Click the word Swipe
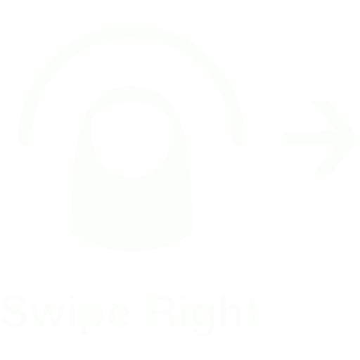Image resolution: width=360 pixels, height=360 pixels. [x=66, y=314]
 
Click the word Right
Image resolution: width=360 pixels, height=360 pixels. [x=204, y=315]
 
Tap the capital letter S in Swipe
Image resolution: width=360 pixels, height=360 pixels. [x=15, y=311]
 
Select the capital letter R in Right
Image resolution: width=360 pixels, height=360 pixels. [x=162, y=311]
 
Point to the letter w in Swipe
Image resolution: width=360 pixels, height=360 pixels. [x=48, y=315]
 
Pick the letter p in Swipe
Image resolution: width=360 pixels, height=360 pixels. [x=93, y=319]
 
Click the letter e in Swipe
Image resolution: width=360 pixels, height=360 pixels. [x=120, y=316]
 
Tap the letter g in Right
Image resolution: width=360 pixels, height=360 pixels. [x=203, y=320]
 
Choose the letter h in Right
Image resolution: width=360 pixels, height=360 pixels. [x=231, y=311]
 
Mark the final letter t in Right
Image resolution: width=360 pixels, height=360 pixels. [x=252, y=312]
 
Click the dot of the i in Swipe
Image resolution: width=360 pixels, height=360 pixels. [x=72, y=297]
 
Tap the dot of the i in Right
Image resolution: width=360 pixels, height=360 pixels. [x=184, y=297]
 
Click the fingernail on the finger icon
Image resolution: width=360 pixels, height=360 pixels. [x=131, y=139]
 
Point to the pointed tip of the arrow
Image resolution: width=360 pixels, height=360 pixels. [x=358, y=139]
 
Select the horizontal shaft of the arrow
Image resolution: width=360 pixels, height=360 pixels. [x=310, y=139]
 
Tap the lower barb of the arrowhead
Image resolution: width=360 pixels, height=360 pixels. [x=335, y=157]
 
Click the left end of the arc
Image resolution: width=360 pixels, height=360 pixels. [x=25, y=139]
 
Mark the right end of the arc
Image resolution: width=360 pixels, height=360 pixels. [x=238, y=139]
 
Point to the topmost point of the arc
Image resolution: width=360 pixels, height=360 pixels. [x=131, y=32]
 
